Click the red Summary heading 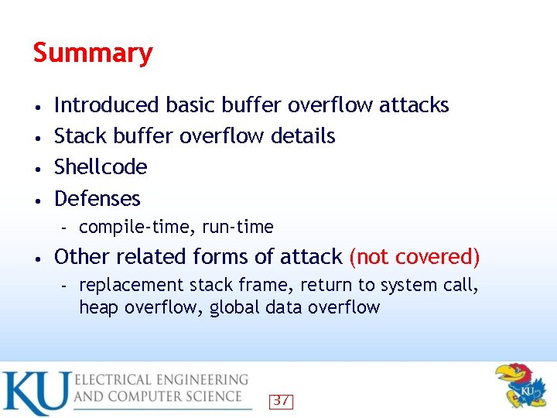[93, 53]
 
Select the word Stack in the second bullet [80, 136]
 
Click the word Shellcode [101, 167]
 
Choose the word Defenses [97, 199]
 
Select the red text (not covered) [415, 257]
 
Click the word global [234, 307]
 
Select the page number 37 [282, 401]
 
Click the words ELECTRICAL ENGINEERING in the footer [161, 380]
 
